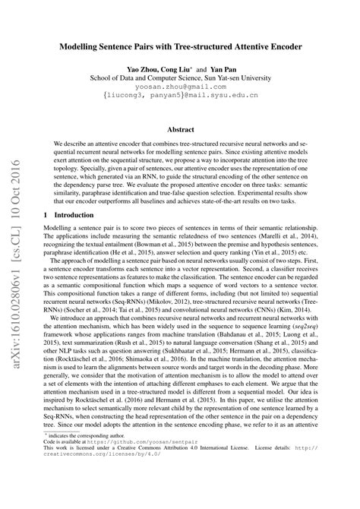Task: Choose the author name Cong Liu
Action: click(182, 68)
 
